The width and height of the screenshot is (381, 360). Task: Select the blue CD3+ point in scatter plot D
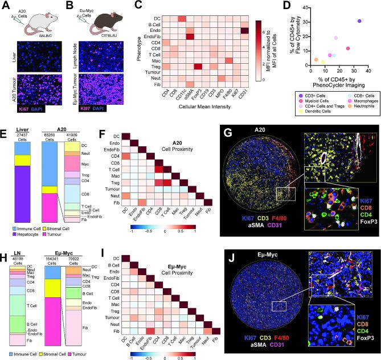tap(359, 21)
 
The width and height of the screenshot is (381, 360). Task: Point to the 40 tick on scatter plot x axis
tap(372, 70)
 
